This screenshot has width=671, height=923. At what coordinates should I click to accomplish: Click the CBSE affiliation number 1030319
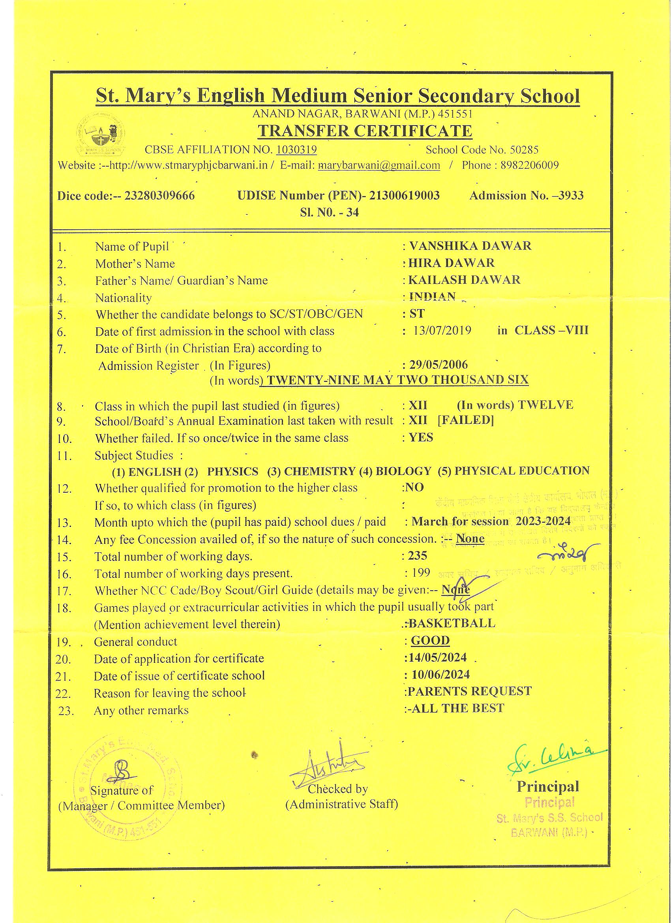(296, 150)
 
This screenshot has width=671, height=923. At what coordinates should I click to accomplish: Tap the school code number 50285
(524, 150)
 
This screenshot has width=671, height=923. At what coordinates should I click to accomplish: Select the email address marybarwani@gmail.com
(379, 165)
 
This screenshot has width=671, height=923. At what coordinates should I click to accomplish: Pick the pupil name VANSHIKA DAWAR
(470, 246)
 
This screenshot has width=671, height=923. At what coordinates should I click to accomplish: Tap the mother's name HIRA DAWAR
(452, 263)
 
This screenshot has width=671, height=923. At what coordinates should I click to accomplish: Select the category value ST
(417, 313)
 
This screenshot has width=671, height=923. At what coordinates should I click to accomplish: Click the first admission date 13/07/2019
(442, 330)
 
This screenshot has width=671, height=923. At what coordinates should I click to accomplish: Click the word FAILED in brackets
(465, 420)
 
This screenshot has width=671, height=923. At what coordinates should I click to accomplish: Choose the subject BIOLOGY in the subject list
(403, 471)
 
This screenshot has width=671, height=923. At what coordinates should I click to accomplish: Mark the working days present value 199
(420, 572)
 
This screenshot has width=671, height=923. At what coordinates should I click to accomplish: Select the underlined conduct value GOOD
(430, 640)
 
